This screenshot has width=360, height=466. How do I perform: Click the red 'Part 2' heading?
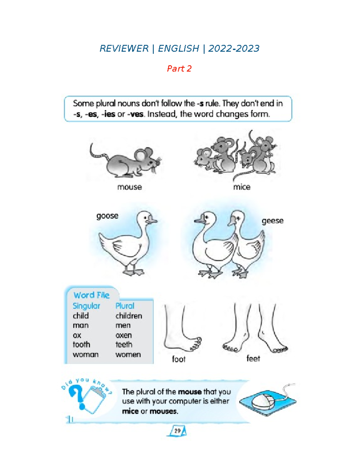click(x=179, y=69)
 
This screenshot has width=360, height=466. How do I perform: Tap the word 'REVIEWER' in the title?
click(x=124, y=49)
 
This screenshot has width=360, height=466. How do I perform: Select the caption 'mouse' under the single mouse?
click(x=129, y=187)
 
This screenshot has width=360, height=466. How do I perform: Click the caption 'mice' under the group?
click(x=241, y=187)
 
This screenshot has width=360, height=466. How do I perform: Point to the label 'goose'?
click(x=107, y=216)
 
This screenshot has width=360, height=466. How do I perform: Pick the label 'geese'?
click(x=272, y=221)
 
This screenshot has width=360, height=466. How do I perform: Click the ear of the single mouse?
click(x=140, y=155)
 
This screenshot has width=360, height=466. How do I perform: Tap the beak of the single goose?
click(x=152, y=221)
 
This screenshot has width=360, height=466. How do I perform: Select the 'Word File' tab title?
click(x=91, y=295)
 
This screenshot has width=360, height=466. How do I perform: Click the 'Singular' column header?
click(x=86, y=306)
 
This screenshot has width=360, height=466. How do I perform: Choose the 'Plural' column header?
click(x=125, y=306)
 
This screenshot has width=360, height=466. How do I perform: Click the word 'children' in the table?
click(x=129, y=316)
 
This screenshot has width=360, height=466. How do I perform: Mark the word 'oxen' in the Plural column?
click(x=124, y=335)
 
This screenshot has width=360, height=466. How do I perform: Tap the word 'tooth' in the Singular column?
click(x=81, y=345)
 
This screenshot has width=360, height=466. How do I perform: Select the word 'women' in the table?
click(x=128, y=355)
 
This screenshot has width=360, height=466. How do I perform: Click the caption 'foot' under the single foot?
click(x=178, y=359)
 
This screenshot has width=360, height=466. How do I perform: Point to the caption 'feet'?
click(x=253, y=359)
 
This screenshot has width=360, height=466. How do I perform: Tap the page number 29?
click(x=177, y=431)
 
